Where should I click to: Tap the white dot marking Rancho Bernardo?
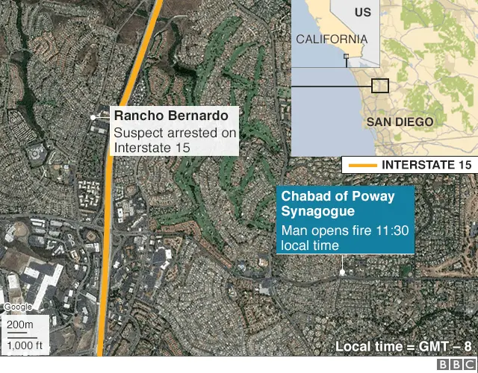pos(93,117)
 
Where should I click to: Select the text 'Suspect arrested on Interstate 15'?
pos(175,140)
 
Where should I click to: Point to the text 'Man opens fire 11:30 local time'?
pos(344,237)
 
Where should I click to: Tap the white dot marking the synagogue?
pos(342,272)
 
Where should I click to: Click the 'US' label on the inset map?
pos(362,12)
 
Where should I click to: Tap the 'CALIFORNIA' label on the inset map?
pos(331,39)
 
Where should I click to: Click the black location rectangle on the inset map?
pos(380,85)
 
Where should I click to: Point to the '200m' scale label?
pos(20,325)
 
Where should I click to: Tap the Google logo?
pos(18,307)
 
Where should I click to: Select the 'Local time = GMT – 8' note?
pos(403,346)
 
